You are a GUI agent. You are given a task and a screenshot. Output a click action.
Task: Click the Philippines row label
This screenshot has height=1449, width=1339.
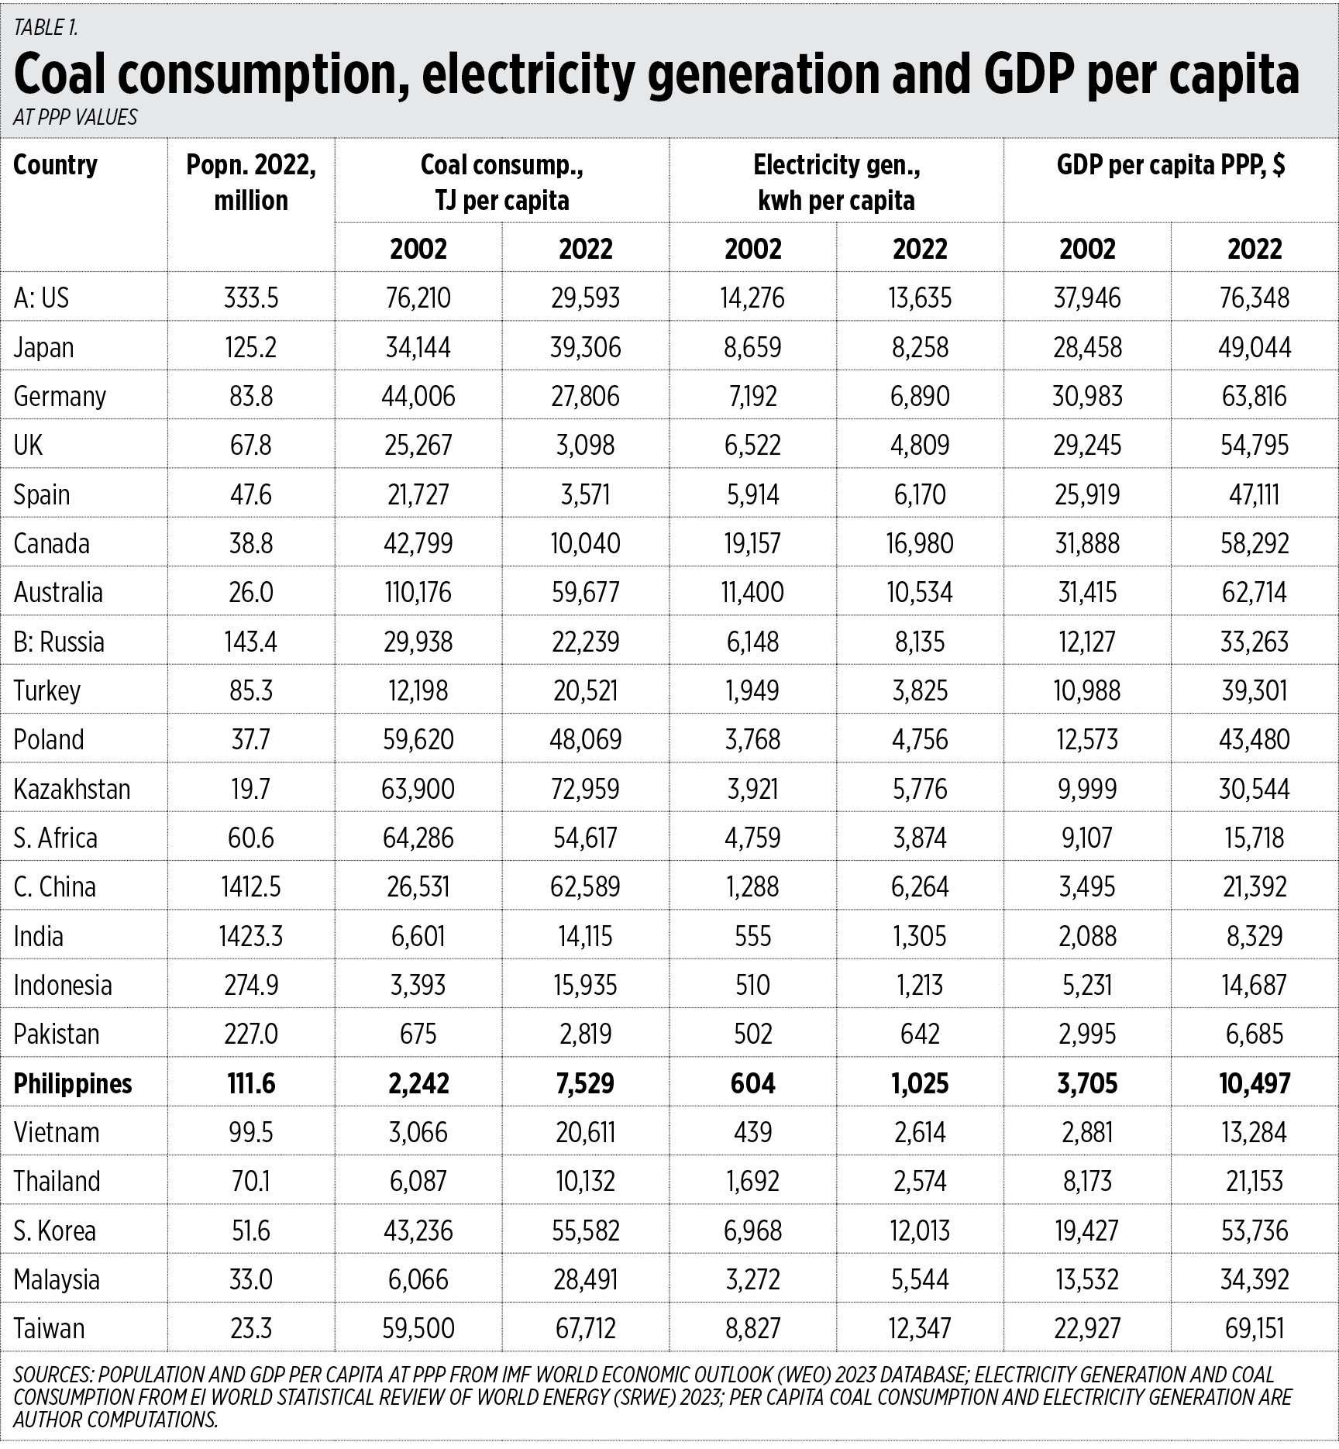pos(73,1083)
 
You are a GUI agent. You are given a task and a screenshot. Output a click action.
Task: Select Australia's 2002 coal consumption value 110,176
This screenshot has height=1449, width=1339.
pos(418,593)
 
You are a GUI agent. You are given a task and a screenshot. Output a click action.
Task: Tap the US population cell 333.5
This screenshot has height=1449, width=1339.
pos(251,298)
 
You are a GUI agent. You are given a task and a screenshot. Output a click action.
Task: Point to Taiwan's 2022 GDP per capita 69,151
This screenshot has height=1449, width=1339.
pos(1255,1329)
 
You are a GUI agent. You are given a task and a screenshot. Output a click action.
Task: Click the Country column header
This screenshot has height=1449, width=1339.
pos(56,165)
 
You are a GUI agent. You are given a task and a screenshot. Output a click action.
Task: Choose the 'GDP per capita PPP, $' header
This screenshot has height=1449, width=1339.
pos(1171,165)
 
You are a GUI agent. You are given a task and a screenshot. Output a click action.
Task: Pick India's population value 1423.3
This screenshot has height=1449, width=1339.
pos(251,936)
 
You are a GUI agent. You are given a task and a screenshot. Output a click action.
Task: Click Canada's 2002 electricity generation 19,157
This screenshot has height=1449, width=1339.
pos(752,544)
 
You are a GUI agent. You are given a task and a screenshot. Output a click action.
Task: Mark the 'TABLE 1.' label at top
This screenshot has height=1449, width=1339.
pos(46,28)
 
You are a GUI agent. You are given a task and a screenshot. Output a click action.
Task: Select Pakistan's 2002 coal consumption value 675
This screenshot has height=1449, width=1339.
pos(418,1034)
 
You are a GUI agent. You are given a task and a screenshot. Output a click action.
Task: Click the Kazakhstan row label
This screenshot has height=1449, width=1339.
pos(72,789)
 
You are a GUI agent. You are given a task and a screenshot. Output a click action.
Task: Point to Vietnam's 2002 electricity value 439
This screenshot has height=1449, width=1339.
pos(752,1133)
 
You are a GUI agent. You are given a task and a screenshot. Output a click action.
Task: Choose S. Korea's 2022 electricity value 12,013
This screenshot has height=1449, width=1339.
pos(920,1230)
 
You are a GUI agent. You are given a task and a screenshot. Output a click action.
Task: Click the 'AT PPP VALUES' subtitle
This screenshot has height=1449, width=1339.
pos(75,117)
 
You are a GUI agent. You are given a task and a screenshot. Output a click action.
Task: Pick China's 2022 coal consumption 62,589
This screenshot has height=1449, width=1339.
pos(586,887)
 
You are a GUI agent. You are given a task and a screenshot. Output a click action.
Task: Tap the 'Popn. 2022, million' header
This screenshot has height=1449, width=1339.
pos(251,183)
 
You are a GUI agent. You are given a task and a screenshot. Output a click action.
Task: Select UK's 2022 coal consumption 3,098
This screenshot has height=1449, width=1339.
pos(586,446)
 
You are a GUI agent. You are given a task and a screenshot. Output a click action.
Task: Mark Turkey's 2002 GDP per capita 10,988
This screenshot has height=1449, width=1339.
pos(1087,691)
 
